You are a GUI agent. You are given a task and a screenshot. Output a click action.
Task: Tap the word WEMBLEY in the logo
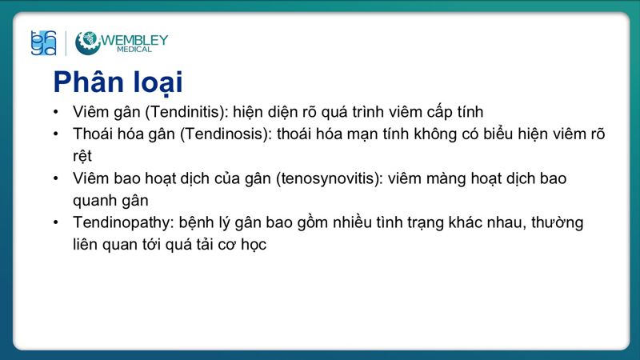tap(134, 38)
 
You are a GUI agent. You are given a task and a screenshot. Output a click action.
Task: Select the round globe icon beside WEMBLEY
tap(87, 42)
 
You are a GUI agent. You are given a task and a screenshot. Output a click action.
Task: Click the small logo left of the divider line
tap(43, 42)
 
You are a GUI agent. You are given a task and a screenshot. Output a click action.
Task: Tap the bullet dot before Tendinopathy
tap(55, 222)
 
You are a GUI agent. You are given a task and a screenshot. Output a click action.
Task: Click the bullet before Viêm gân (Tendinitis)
tap(55, 111)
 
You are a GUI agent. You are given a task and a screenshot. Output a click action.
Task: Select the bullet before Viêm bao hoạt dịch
tap(55, 178)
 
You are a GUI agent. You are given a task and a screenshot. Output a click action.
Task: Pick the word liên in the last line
tap(84, 245)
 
